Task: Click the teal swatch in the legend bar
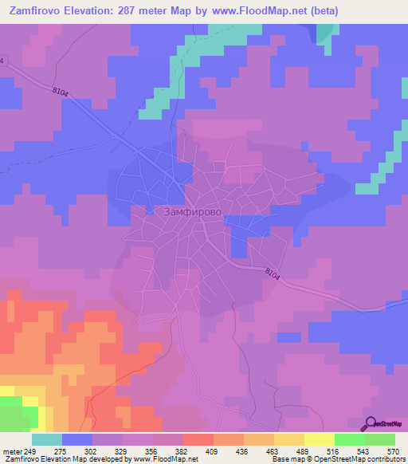pyautogui.click(x=47, y=439)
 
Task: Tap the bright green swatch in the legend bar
pyautogui.click(x=350, y=439)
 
